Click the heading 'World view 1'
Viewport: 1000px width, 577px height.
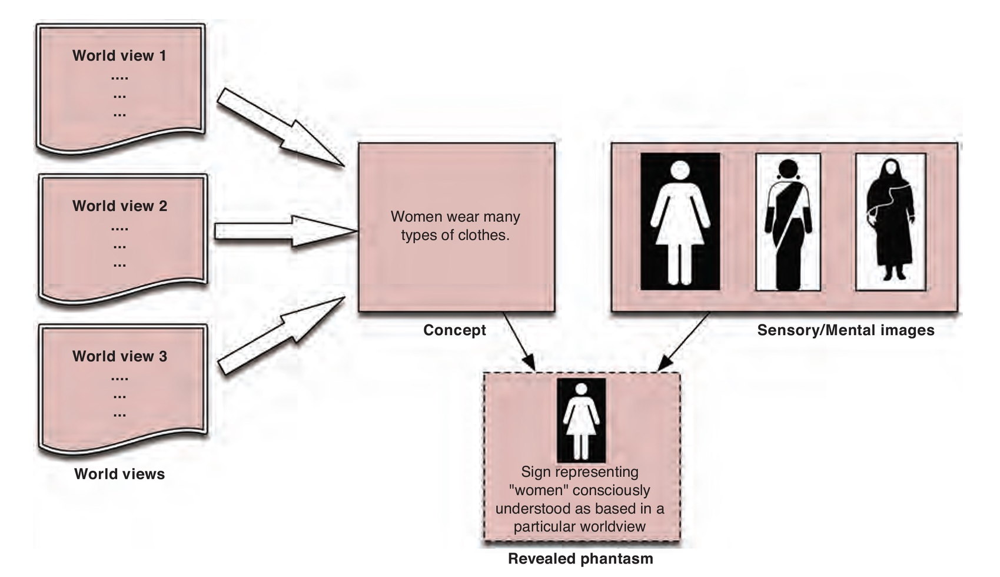coord(119,56)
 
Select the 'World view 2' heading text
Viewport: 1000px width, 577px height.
coord(119,206)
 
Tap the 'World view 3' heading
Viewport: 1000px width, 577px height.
coord(119,356)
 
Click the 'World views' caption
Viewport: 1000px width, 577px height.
coord(119,474)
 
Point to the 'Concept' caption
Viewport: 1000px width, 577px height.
coord(454,330)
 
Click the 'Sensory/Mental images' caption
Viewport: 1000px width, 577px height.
coord(845,330)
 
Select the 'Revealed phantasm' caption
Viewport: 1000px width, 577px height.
coord(580,559)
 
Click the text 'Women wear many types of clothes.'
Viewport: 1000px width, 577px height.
coord(455,226)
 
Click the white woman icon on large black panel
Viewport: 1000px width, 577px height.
coord(680,221)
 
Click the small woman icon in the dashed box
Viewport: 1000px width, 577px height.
coord(581,420)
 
